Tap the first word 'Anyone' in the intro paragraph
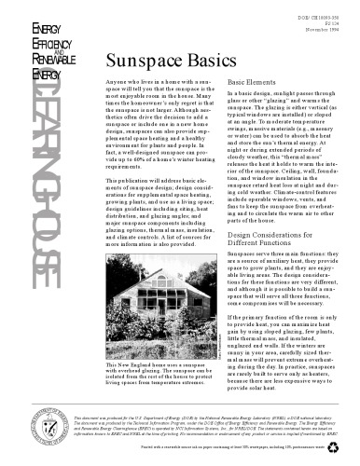point(119,82)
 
